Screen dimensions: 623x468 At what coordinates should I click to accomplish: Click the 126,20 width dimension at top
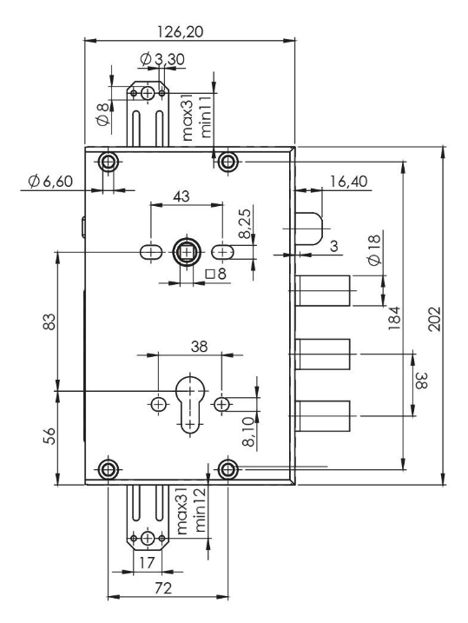point(189,30)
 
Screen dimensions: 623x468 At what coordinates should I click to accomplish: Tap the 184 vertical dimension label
point(393,314)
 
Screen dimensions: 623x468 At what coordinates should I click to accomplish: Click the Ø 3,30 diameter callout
point(161,58)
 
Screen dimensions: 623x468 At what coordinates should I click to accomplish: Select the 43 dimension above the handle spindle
point(184,196)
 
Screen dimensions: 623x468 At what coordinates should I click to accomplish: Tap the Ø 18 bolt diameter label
point(373,257)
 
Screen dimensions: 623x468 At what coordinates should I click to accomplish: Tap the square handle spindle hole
point(187,252)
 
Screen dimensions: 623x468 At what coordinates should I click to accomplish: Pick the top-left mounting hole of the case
point(109,162)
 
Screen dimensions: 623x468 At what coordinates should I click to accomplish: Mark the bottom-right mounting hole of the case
point(227,470)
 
